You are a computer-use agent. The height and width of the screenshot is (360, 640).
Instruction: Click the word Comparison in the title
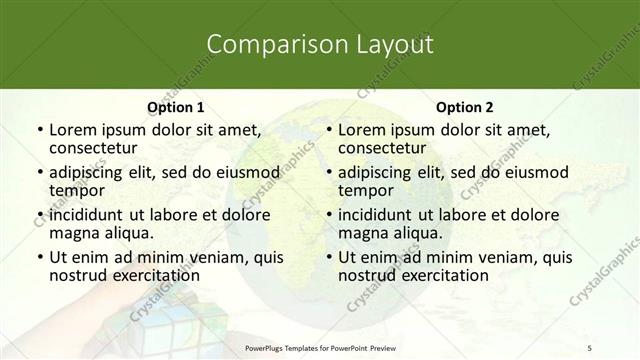[x=268, y=44]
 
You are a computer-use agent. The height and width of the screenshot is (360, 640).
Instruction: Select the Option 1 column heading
[x=176, y=107]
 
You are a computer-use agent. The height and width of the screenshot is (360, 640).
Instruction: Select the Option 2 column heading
[x=464, y=107]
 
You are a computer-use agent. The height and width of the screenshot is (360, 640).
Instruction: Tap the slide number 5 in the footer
[x=589, y=346]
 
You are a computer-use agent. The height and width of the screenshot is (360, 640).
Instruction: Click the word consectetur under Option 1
[x=95, y=148]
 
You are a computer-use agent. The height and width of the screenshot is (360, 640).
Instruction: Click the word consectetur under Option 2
[x=384, y=148]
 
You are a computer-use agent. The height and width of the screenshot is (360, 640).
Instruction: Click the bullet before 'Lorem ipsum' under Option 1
[x=38, y=131]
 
